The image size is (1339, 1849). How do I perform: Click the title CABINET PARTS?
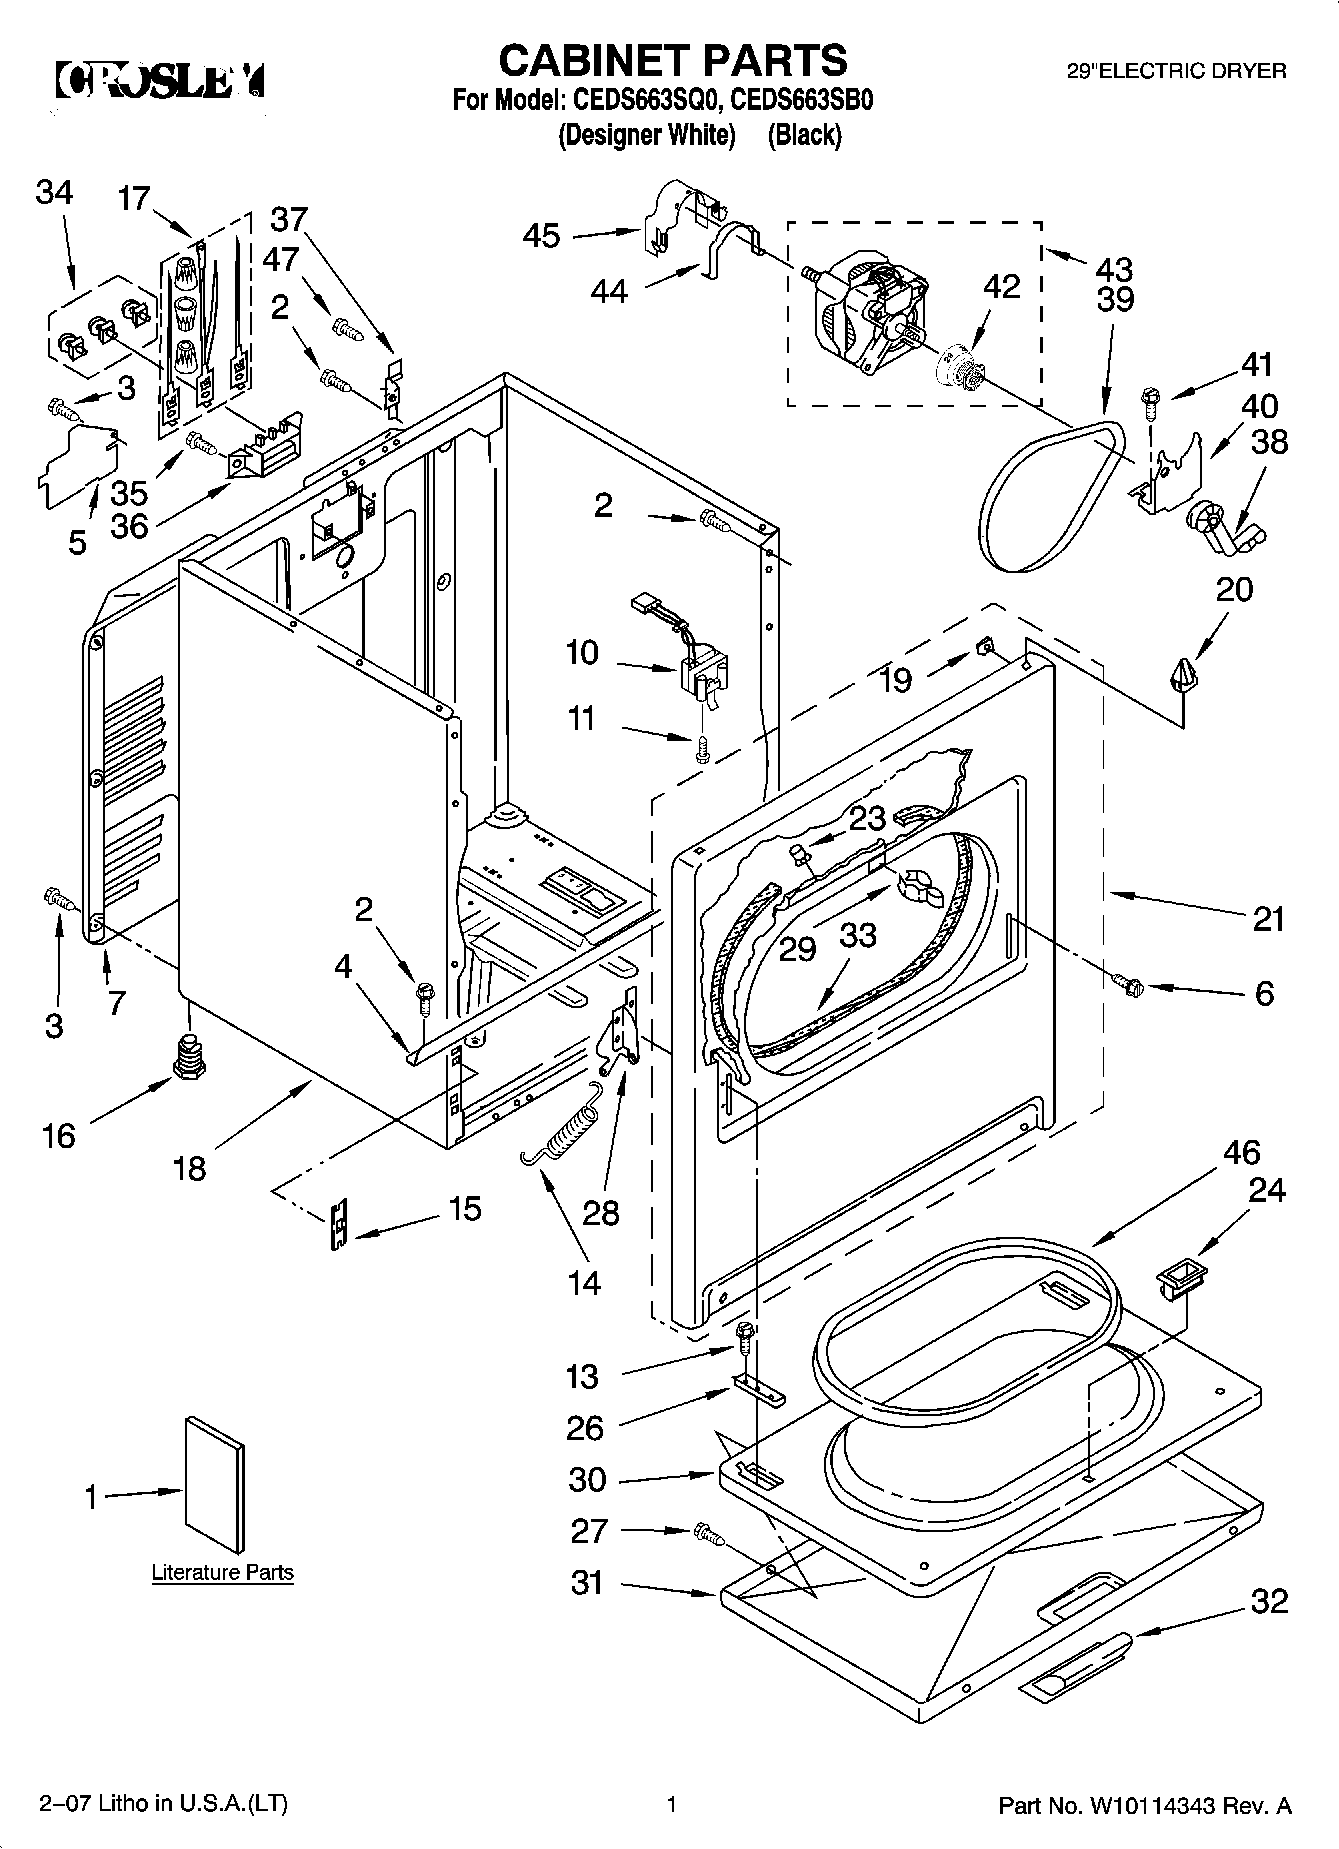click(672, 60)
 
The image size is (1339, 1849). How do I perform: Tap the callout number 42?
click(1001, 286)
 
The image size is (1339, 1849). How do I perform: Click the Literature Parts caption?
click(222, 1572)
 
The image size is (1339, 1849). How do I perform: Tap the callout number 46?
click(1241, 1152)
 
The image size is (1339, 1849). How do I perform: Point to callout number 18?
click(189, 1167)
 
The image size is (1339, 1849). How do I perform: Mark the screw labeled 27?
click(706, 1531)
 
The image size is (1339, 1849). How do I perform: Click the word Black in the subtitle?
click(804, 135)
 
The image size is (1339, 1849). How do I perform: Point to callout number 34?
click(54, 192)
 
